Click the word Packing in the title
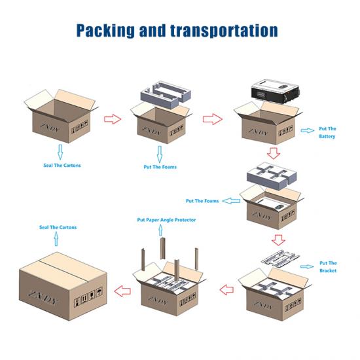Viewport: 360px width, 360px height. coord(105,31)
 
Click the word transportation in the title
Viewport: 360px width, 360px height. coord(224,31)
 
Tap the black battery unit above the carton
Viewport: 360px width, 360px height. coord(276,92)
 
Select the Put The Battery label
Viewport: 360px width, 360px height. coord(327,132)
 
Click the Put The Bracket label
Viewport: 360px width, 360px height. coord(328,267)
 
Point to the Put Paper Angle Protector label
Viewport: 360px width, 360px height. coord(166,220)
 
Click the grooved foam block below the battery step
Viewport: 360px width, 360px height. coord(272,176)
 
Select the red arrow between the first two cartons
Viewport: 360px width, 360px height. coord(113,119)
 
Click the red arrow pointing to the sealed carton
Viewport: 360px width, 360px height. coord(122,291)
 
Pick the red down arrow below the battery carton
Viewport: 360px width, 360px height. coord(274,153)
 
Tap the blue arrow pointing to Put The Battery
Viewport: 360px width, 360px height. coord(308,130)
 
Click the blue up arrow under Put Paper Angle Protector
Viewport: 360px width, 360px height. coord(161,230)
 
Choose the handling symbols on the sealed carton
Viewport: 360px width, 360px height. coord(88,297)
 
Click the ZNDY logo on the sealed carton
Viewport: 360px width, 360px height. coord(43,297)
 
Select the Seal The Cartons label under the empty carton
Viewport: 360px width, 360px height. coord(62,166)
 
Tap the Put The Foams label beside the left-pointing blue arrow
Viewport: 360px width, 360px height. coord(202,201)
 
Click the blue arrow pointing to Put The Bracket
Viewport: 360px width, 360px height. coord(307,266)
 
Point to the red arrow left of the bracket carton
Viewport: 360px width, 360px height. coord(226,290)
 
